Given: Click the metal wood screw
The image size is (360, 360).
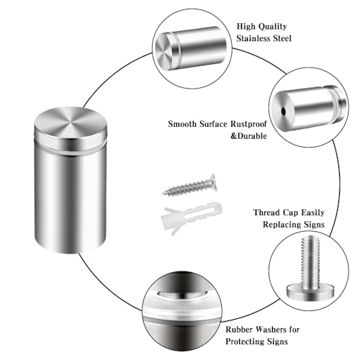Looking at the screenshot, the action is [x=189, y=186].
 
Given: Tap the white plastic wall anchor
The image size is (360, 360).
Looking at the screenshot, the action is [x=192, y=218].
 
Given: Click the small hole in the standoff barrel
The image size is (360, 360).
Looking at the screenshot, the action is [x=284, y=111].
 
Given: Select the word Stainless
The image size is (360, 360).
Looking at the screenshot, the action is [x=253, y=38].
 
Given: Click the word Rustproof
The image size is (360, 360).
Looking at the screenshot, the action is [x=248, y=124].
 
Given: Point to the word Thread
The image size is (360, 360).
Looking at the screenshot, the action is [x=266, y=212].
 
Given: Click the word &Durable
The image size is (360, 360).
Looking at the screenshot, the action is [x=248, y=136].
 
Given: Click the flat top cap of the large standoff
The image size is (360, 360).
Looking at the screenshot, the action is [x=71, y=121].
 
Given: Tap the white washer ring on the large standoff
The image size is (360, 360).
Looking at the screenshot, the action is [x=71, y=150].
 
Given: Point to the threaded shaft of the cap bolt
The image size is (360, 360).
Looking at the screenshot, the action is [x=310, y=261].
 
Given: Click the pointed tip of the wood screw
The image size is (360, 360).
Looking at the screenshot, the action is [x=163, y=194].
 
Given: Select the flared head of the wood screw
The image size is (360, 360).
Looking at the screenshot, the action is [x=213, y=182].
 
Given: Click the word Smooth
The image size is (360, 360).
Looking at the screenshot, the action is [x=182, y=124].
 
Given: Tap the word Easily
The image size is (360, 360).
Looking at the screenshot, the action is [x=312, y=212].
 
